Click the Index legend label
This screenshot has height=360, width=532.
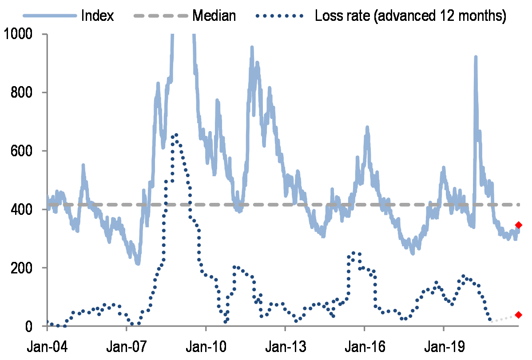pyautogui.click(x=98, y=16)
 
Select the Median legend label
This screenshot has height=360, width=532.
pyautogui.click(x=214, y=16)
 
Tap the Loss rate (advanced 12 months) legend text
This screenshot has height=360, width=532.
pyautogui.click(x=410, y=16)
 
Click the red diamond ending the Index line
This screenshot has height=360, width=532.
pyautogui.click(x=518, y=225)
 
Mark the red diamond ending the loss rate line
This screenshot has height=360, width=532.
pyautogui.click(x=518, y=315)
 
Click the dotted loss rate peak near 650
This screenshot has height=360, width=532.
pyautogui.click(x=176, y=135)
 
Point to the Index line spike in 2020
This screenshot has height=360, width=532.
pyautogui.click(x=476, y=58)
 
